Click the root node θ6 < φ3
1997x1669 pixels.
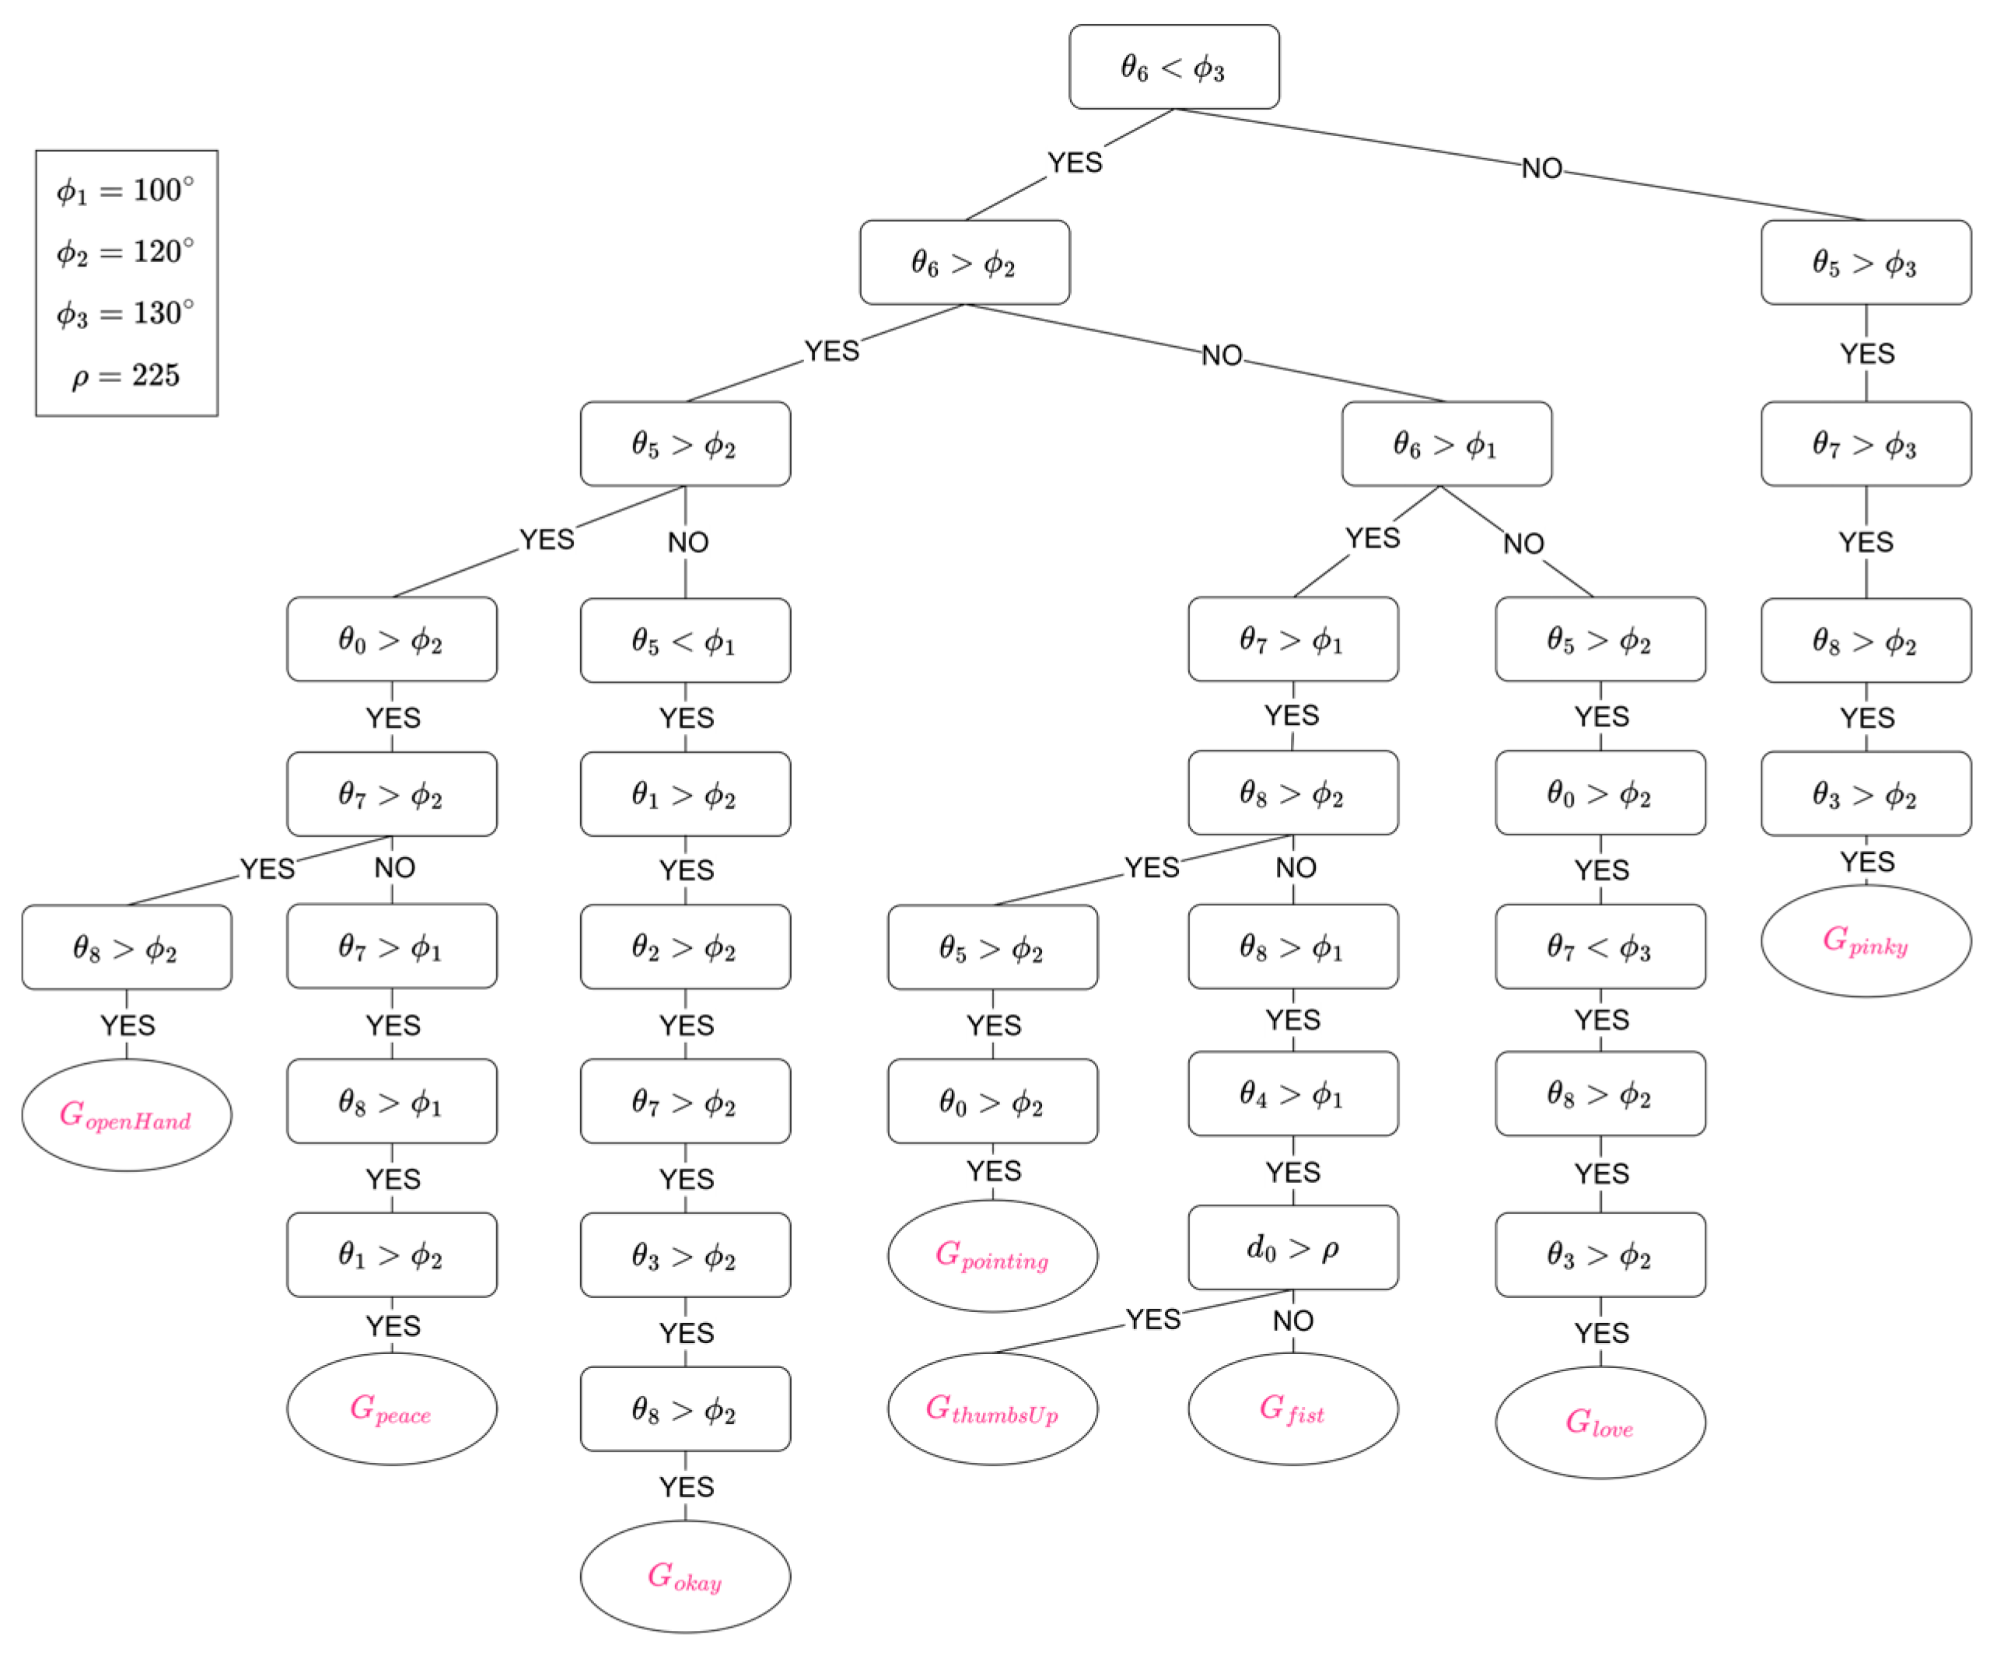point(1173,67)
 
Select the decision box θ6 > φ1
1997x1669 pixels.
point(1446,444)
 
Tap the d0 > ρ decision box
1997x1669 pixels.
point(1292,1247)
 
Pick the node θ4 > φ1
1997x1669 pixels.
point(1292,1093)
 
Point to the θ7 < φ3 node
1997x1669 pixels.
point(1600,946)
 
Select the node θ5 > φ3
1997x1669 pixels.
point(1865,262)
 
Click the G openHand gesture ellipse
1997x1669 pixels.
point(127,1114)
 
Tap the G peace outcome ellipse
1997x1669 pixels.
point(392,1408)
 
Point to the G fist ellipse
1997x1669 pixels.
point(1292,1408)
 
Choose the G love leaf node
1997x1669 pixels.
point(1600,1422)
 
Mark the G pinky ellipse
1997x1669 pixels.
point(1865,940)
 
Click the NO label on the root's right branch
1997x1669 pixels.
point(1541,168)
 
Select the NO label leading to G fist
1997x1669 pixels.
point(1292,1320)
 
